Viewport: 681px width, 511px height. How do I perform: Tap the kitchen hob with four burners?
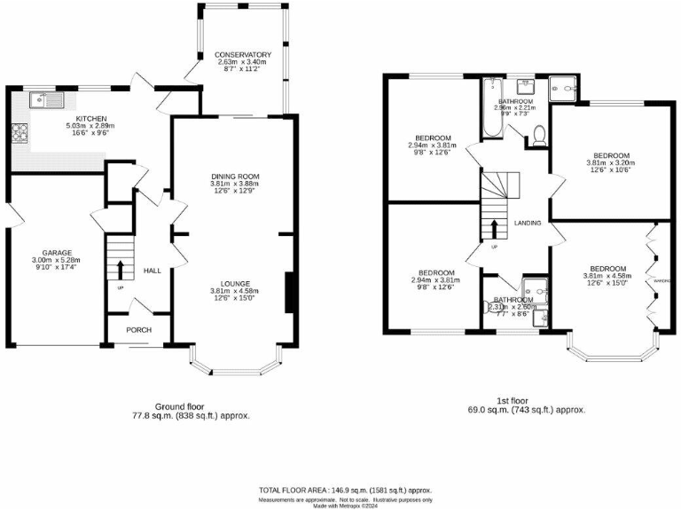[x=20, y=134]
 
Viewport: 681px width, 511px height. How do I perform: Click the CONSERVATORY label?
[x=244, y=55]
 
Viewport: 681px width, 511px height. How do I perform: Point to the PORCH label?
[x=137, y=330]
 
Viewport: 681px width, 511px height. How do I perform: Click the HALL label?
[x=153, y=271]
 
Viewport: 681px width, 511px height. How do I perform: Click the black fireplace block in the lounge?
[x=288, y=294]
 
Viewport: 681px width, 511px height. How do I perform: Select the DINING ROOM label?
[x=234, y=177]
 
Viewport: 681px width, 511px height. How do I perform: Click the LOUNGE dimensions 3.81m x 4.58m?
[x=234, y=290]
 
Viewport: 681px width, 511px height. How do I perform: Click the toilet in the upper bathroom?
[x=538, y=135]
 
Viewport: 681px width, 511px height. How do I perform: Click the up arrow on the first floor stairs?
[x=494, y=228]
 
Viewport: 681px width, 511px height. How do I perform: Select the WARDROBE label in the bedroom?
[x=659, y=281]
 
